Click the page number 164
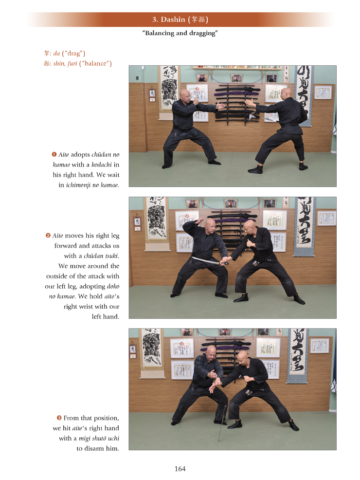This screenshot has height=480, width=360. (180, 469)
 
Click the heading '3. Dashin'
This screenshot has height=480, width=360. (168, 19)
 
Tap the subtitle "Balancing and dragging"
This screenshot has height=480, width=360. (180, 33)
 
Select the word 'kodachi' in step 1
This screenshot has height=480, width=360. (102, 165)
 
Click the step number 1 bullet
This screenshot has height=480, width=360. (54, 154)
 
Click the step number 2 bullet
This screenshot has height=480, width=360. (48, 236)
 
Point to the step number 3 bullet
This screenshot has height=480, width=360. (59, 418)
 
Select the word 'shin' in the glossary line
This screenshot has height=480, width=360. (59, 63)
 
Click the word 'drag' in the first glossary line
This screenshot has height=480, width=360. (73, 54)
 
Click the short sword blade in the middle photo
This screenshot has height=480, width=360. (205, 260)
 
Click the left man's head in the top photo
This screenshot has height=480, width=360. (185, 94)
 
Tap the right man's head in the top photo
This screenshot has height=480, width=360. (287, 94)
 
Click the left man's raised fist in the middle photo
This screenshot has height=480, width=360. (201, 220)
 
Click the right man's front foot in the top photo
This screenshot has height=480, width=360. (255, 169)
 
